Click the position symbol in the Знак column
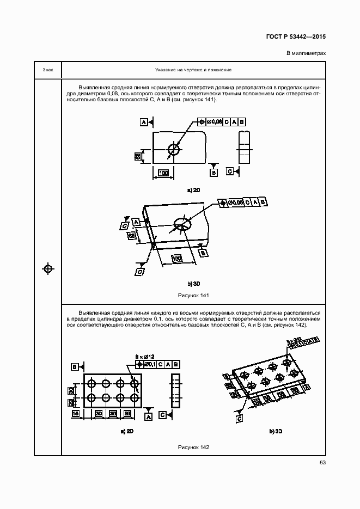tap(48, 268)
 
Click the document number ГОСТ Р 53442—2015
tap(296, 38)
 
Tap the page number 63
tap(322, 463)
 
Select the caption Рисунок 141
tap(193, 295)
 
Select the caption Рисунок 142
tap(193, 447)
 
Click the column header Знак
tap(48, 70)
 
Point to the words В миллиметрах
tap(306, 53)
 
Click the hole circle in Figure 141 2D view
tap(174, 149)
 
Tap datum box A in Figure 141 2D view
tap(143, 122)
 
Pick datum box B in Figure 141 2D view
tap(214, 172)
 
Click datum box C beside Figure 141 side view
tap(230, 171)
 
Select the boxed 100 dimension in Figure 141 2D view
tap(163, 173)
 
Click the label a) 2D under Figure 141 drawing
tap(193, 190)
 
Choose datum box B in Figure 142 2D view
tap(74, 367)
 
